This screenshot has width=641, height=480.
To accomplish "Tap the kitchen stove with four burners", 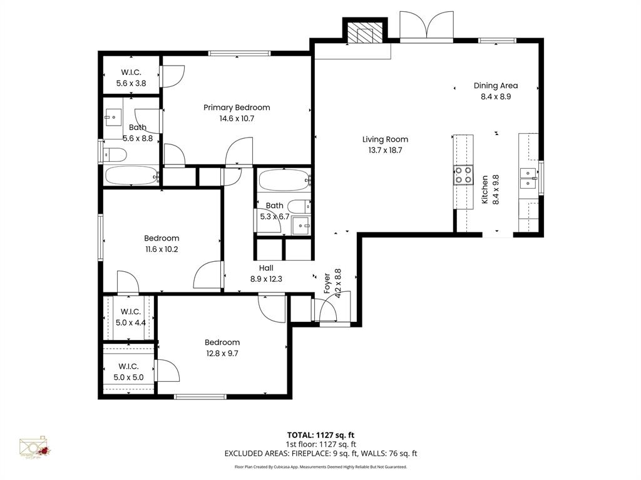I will click(464, 175).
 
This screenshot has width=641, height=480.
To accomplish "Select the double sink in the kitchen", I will click(529, 178).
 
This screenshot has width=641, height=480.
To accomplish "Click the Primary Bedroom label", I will click(237, 107).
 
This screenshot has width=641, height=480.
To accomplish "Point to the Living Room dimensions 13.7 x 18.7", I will click(385, 150).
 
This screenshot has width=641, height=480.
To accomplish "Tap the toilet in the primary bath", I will click(115, 154).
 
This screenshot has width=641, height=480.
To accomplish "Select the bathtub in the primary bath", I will click(132, 176).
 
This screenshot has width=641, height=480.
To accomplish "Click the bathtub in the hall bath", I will click(284, 181).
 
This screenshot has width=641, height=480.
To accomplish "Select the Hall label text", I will click(266, 267).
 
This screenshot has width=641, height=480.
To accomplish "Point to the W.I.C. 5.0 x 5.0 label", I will click(128, 371).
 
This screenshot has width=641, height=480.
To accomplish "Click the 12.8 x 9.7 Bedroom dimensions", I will click(222, 353).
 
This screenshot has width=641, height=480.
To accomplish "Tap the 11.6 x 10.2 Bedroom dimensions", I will click(162, 249).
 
